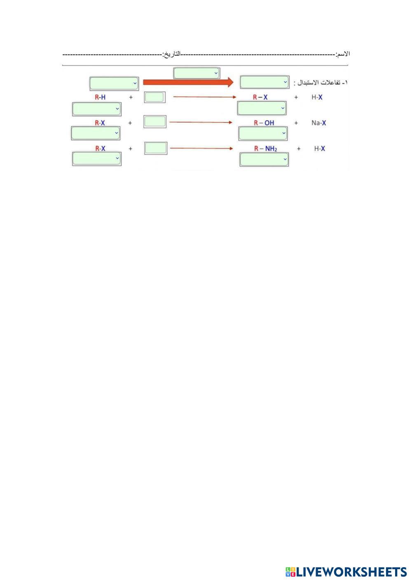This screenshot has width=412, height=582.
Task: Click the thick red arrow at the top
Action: [x=188, y=82]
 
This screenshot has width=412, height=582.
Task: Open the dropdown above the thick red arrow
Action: [x=197, y=73]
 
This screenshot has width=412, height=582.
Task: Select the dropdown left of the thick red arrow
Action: [x=114, y=83]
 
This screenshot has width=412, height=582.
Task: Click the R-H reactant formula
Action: [x=100, y=98]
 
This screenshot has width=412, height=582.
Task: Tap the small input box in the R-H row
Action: [x=154, y=98]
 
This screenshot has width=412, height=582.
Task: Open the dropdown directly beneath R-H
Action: [x=96, y=109]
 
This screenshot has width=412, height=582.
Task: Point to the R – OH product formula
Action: [x=264, y=123]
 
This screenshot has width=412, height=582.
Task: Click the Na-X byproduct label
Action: [x=318, y=123]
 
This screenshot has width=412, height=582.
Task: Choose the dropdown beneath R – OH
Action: [x=263, y=133]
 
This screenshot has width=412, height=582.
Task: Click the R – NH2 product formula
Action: [x=265, y=149]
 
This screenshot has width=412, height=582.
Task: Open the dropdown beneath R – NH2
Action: [x=264, y=159]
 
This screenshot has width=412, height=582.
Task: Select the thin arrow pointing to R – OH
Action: [x=201, y=122]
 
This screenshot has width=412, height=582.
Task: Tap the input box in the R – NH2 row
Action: [x=156, y=148]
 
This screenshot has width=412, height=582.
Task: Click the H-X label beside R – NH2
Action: [x=319, y=149]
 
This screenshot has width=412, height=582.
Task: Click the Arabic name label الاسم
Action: [x=343, y=54]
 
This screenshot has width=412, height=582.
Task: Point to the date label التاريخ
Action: [x=172, y=54]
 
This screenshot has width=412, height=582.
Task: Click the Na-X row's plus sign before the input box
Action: [x=130, y=123]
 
